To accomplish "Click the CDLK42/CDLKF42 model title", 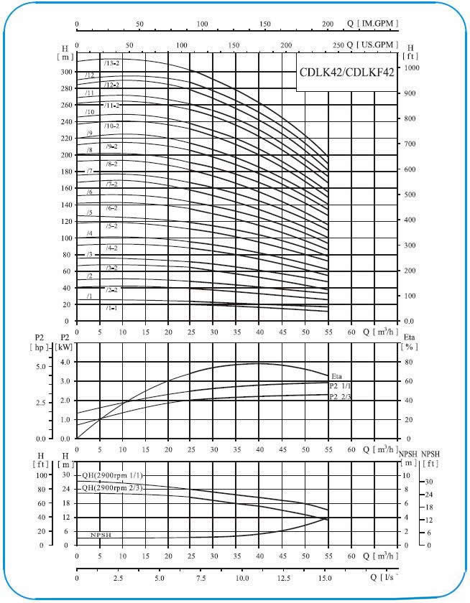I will click(346, 74).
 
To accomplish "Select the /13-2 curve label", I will click(111, 63).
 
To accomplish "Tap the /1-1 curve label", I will click(111, 308).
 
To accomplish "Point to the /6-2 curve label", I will click(111, 208).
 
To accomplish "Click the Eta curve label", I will click(337, 376).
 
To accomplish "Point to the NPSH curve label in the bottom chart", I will click(101, 536).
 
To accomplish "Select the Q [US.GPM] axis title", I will click(371, 45).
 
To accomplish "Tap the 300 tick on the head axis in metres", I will click(67, 73).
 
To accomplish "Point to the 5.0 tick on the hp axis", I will click(40, 367).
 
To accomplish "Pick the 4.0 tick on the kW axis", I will click(65, 363).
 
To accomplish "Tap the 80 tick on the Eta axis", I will click(408, 363).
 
